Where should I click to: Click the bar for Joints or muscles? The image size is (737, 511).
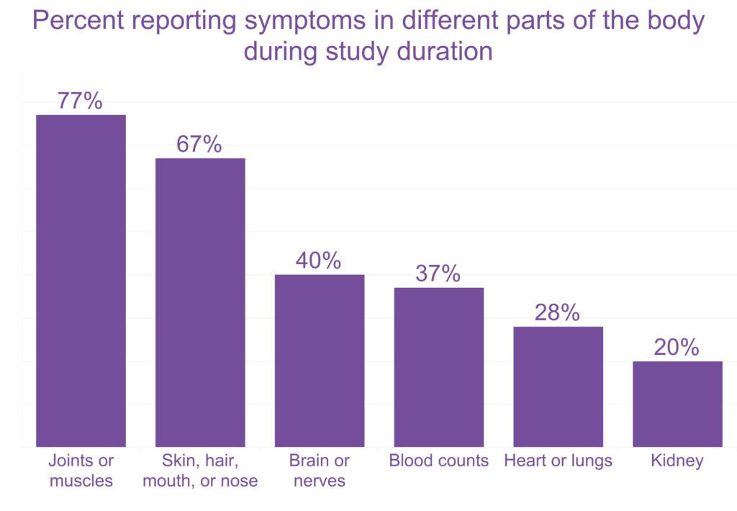click(81, 281)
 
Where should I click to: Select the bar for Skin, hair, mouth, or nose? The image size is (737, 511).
click(200, 302)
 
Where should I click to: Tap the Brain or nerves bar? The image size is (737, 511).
click(320, 361)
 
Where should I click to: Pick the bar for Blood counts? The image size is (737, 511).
click(439, 367)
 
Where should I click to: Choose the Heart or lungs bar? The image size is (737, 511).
click(558, 386)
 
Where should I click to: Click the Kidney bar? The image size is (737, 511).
click(677, 404)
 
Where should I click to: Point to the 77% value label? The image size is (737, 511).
click(81, 101)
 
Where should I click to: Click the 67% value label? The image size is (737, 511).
click(199, 144)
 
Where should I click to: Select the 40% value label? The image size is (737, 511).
click(319, 261)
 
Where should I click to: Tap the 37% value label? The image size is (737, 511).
click(438, 273)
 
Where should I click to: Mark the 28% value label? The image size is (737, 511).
click(557, 312)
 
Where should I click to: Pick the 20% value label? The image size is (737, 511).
click(677, 347)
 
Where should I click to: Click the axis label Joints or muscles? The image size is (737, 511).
click(81, 470)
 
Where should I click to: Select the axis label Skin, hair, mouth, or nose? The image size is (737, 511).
click(200, 470)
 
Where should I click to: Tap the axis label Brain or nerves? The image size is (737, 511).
click(320, 470)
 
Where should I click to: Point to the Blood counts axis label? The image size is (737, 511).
click(439, 461)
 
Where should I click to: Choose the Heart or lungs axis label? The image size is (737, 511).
click(558, 461)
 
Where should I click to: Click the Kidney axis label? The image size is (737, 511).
click(677, 461)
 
